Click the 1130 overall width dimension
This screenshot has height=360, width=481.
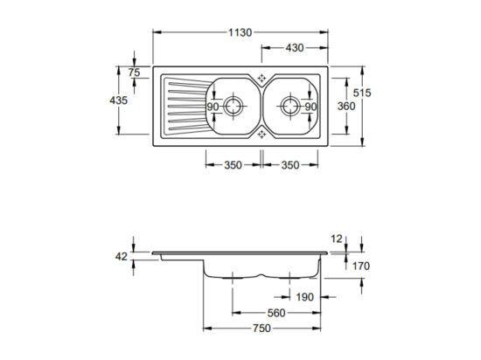point(240,32)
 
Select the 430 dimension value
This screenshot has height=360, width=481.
point(295,48)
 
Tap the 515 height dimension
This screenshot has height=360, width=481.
point(362,93)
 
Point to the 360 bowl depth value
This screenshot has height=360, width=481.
point(346,106)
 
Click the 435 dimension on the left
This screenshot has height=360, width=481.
point(118,100)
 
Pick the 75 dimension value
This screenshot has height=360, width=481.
point(134,73)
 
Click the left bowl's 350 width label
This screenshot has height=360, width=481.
point(234,165)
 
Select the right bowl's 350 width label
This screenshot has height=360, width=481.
point(290,165)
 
